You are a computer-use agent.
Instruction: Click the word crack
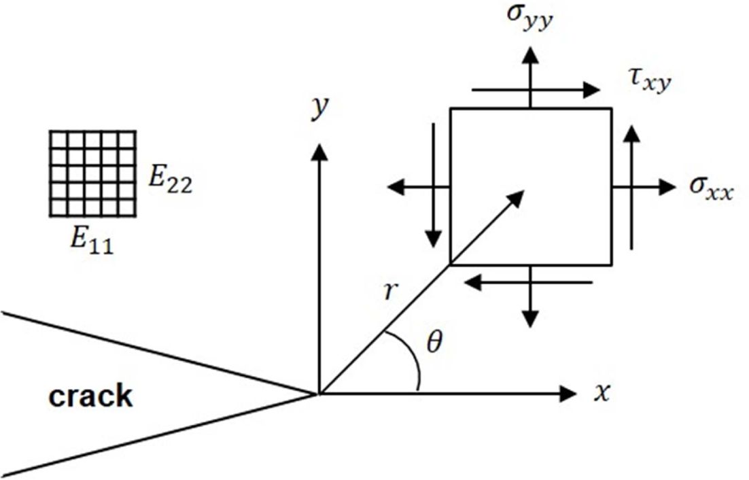pos(90,396)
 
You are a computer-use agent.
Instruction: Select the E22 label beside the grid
pos(170,182)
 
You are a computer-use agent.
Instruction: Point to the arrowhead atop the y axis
pos(318,152)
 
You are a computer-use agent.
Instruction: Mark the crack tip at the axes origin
pos(318,392)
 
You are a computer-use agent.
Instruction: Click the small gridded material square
pos(92,174)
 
